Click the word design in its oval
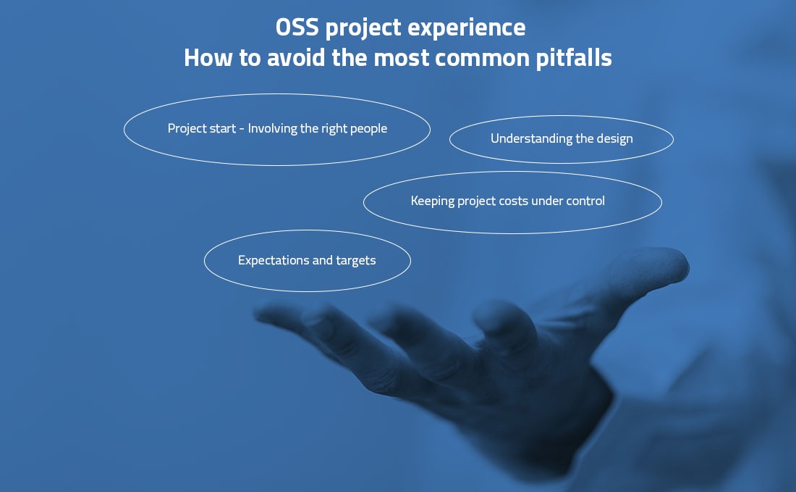(614, 138)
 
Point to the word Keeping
(433, 201)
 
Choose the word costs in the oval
(513, 201)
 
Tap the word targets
(356, 260)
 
